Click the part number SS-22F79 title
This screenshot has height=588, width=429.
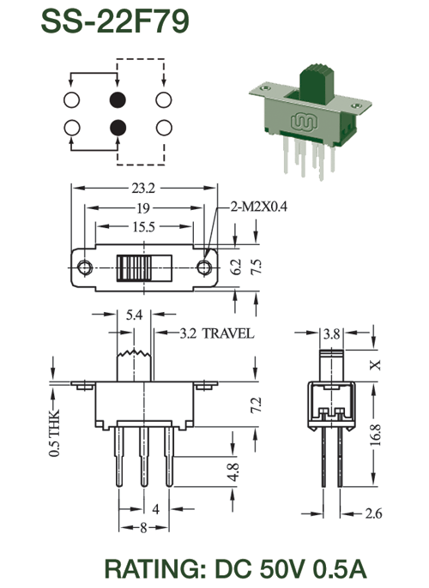115,21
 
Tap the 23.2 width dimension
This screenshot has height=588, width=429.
143,188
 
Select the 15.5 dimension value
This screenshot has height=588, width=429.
143,226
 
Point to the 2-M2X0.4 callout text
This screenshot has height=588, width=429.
258,207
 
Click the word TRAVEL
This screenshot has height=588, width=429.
228,333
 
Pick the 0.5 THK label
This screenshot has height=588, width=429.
54,433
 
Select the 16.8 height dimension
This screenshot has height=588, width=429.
375,435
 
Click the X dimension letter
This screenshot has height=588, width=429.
375,365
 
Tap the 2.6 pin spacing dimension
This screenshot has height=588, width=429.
373,513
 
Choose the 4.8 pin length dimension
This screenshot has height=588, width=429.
233,472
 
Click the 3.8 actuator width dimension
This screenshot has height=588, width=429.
332,333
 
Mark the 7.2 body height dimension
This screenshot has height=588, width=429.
257,405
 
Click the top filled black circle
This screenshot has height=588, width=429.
118,100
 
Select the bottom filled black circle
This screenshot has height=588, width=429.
118,128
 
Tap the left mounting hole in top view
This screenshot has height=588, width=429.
85,267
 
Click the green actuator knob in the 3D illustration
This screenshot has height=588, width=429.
317,84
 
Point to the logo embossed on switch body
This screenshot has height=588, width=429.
305,122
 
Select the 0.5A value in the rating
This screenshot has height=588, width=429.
340,569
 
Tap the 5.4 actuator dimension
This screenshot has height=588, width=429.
134,315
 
